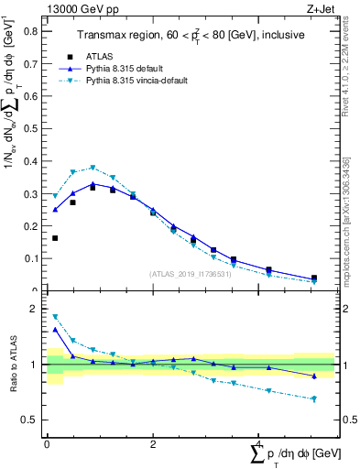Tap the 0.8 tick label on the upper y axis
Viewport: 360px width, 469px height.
[x=31, y=30]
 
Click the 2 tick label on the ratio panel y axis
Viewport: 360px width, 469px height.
[x=36, y=310]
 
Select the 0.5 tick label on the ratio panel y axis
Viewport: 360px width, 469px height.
[x=31, y=420]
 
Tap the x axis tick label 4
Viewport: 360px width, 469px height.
[x=259, y=444]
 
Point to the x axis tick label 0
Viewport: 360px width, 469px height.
[x=47, y=444]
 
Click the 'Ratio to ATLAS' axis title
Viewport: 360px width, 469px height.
[x=13, y=365]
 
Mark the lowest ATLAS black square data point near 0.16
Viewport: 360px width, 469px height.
[x=55, y=238]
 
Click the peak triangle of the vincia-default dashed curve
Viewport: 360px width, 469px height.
[x=93, y=168]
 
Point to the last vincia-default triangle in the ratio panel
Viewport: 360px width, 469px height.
[x=314, y=399]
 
